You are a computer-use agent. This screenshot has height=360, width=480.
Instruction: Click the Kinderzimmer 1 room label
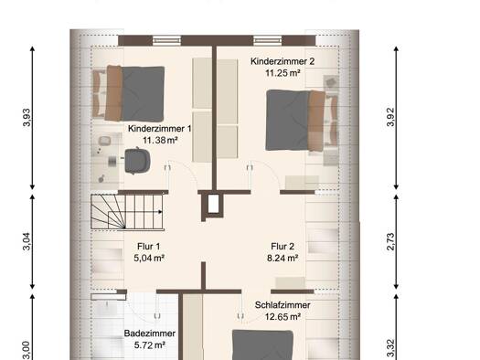[x=159, y=129]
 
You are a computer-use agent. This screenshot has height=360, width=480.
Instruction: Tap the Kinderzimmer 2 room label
[x=283, y=61]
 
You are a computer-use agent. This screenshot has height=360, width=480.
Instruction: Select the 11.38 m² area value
[x=160, y=140]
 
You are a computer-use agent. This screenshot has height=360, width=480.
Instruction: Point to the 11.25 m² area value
[x=283, y=73]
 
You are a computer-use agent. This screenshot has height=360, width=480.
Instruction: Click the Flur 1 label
[x=148, y=246]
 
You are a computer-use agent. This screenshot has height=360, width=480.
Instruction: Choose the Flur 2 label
[x=283, y=246]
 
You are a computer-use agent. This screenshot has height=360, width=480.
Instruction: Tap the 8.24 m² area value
[x=283, y=259]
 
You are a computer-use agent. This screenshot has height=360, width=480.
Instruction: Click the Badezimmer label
[x=150, y=334]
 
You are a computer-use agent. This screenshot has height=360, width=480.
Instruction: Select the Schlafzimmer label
[x=283, y=305]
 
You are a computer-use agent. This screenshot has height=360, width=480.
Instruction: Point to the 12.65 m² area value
[x=283, y=317]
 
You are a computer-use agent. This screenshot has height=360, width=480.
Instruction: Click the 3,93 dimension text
[x=27, y=117]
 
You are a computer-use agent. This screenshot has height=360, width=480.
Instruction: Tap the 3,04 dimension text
[x=27, y=241]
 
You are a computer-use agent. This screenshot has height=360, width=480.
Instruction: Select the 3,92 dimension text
[x=390, y=117]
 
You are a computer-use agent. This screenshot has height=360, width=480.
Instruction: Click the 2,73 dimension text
[x=390, y=241]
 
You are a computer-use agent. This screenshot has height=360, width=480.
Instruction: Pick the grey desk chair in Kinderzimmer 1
[x=137, y=160]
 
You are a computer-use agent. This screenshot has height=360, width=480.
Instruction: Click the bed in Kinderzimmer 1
[x=129, y=93]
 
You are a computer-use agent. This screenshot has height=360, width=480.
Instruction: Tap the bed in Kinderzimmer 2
[x=302, y=121]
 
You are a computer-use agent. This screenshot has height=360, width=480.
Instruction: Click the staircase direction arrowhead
[x=160, y=212]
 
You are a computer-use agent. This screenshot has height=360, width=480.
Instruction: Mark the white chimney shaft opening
[x=213, y=204]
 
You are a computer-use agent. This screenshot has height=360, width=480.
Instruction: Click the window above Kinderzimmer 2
[x=268, y=40]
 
